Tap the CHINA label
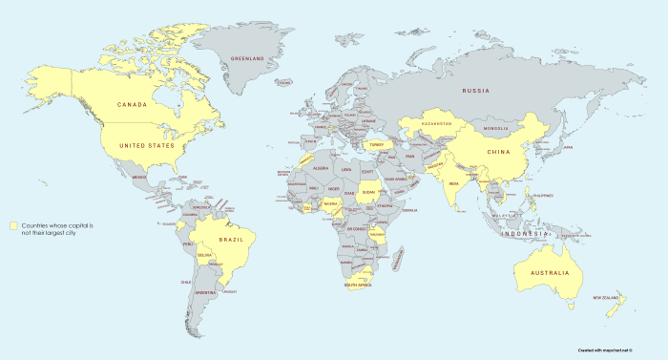[x=498, y=152]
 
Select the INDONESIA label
[x=527, y=234]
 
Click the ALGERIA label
[x=321, y=168]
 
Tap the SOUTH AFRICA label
[x=358, y=285]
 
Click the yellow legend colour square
[x=14, y=225]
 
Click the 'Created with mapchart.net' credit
[x=618, y=350]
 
